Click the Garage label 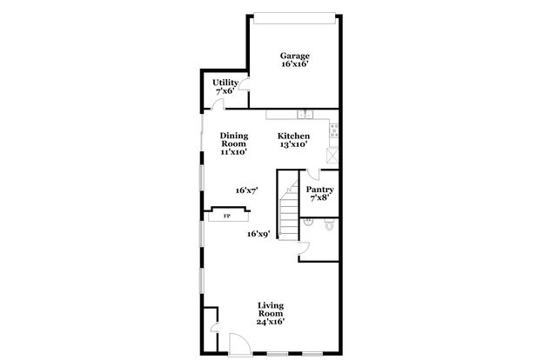click(x=295, y=56)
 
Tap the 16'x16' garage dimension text click(x=295, y=64)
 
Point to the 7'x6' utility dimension click(x=225, y=90)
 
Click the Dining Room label click(x=233, y=139)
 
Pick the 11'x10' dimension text click(x=233, y=152)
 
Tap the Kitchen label click(x=292, y=136)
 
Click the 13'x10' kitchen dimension click(x=292, y=144)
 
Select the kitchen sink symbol click(x=304, y=114)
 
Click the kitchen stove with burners click(x=333, y=131)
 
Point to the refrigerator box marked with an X click(x=332, y=155)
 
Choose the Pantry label click(x=319, y=190)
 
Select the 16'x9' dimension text click(x=258, y=233)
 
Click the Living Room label click(x=271, y=310)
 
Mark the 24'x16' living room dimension click(x=271, y=323)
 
